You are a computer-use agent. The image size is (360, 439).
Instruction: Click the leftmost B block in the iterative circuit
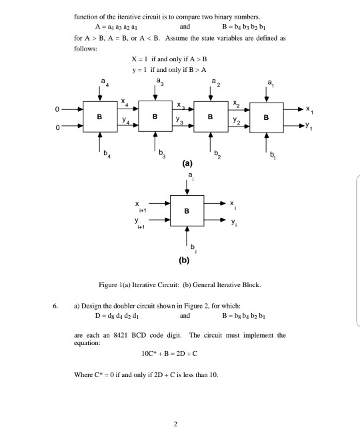[x=100, y=118]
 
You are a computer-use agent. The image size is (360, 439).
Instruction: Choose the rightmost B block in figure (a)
[x=267, y=118]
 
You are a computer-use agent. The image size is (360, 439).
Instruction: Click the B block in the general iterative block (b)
[x=187, y=212]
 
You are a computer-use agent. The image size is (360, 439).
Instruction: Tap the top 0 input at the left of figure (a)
[x=58, y=109]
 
